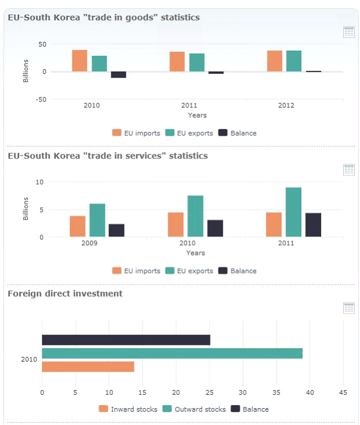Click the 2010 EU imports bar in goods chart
click(80, 61)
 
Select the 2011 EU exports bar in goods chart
click(197, 62)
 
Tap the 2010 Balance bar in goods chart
click(119, 75)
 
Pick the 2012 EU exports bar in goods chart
click(294, 61)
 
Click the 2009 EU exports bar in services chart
click(97, 221)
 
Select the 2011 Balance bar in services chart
click(313, 225)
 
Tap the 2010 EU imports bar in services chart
click(176, 225)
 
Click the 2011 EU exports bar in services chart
click(293, 212)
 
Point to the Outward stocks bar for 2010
click(172, 353)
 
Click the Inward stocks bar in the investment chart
click(88, 367)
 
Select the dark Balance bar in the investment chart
click(126, 340)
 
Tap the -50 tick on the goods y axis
click(41, 99)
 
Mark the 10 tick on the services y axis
click(40, 182)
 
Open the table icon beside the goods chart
click(349, 32)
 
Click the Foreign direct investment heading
click(65, 293)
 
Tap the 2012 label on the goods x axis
click(286, 105)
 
